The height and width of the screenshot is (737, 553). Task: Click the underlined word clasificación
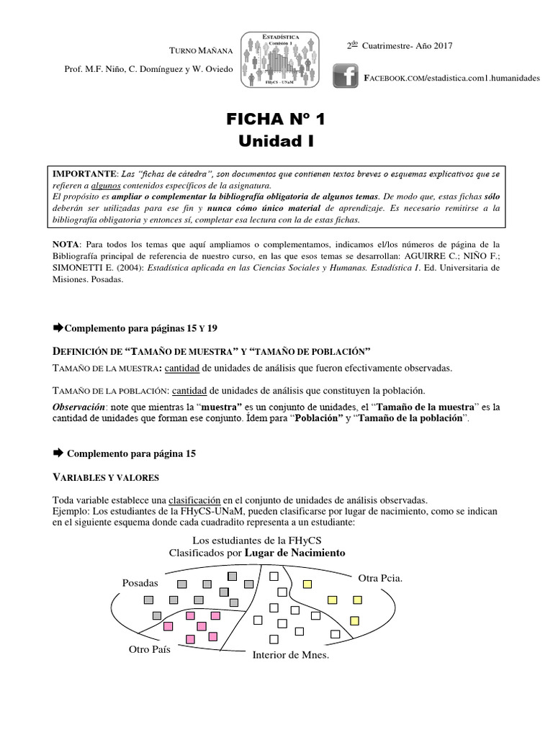tap(194, 499)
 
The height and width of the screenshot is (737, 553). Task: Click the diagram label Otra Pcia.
tap(380, 578)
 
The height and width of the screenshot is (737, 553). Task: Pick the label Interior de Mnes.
tap(290, 655)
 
